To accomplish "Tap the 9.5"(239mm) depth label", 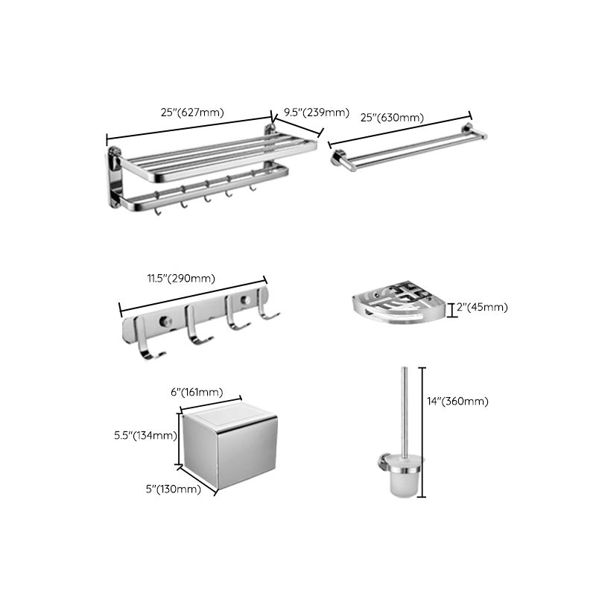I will [312, 112].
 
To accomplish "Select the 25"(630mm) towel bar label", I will [392, 118].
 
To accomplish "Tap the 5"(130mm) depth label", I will [174, 489].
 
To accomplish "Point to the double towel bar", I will [406, 148].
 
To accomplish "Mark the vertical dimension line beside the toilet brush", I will [423, 432].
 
